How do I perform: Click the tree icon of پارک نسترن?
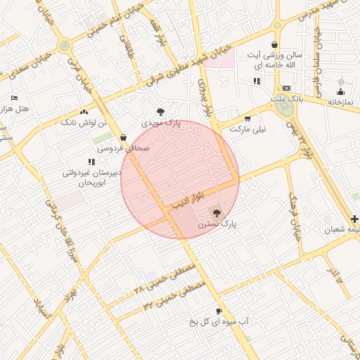pyautogui.click(x=216, y=211)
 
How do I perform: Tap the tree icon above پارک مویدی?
pyautogui.click(x=162, y=111)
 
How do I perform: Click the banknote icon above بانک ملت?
pyautogui.click(x=286, y=88)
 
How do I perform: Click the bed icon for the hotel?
pyautogui.click(x=15, y=98)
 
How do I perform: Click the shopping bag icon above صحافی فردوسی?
pyautogui.click(x=124, y=137)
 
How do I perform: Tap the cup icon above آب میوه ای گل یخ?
pyautogui.click(x=219, y=311)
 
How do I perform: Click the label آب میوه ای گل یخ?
pyautogui.click(x=219, y=322)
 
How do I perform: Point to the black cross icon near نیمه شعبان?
pyautogui.click(x=354, y=219)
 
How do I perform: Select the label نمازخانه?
pyautogui.click(x=343, y=102)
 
